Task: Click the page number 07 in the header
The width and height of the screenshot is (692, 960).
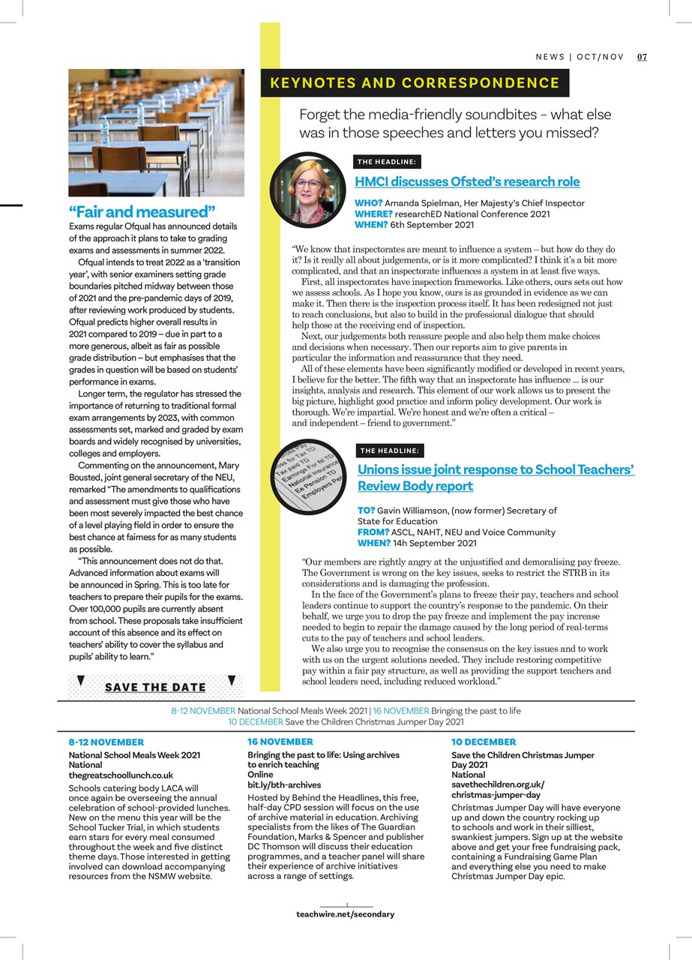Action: (x=642, y=57)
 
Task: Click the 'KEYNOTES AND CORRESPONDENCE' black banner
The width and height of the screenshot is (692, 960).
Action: (x=415, y=83)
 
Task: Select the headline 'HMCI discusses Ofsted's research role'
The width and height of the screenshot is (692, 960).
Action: (x=466, y=181)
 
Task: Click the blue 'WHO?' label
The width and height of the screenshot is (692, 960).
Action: (x=368, y=203)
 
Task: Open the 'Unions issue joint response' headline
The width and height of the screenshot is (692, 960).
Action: (x=496, y=478)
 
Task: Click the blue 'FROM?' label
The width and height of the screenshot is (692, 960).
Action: (x=373, y=532)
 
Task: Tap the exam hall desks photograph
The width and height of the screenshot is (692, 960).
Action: (x=156, y=133)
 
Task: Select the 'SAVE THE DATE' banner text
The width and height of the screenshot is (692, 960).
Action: (x=155, y=687)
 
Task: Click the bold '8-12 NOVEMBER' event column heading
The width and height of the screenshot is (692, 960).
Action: (x=106, y=742)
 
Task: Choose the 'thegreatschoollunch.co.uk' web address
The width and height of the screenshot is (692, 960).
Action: (x=121, y=775)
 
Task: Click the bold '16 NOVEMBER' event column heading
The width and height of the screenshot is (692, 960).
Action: (x=280, y=741)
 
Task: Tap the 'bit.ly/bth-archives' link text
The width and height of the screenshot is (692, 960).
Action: (x=284, y=784)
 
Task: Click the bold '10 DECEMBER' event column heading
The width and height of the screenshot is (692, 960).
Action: (x=483, y=742)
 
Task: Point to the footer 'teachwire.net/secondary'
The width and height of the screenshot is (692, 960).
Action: (x=345, y=914)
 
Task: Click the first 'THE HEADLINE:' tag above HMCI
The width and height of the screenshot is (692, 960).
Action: (x=387, y=161)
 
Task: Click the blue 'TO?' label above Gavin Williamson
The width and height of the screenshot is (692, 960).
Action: (x=366, y=510)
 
